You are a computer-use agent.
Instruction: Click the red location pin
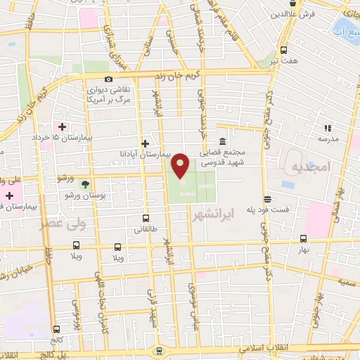pyautogui.click(x=181, y=165)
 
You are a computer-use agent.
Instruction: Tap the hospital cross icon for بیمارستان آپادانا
pyautogui.click(x=145, y=143)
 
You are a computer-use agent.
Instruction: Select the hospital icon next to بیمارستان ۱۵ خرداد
pyautogui.click(x=63, y=127)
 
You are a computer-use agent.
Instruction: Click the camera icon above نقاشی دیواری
pyautogui.click(x=108, y=79)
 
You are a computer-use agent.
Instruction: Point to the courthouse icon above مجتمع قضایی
pyautogui.click(x=222, y=141)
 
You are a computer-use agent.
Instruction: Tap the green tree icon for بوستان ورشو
pyautogui.click(x=86, y=184)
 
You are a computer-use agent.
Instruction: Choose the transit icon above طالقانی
pyautogui.click(x=146, y=219)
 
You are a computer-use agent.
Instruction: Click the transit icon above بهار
pyautogui.click(x=303, y=238)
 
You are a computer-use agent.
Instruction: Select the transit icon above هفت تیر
pyautogui.click(x=284, y=51)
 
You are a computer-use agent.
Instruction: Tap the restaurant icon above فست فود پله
pyautogui.click(x=266, y=199)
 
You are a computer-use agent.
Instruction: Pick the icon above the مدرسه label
pyautogui.click(x=327, y=128)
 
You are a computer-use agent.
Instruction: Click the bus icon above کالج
pyautogui.click(x=56, y=328)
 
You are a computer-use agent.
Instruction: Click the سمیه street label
pyautogui.click(x=344, y=281)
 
